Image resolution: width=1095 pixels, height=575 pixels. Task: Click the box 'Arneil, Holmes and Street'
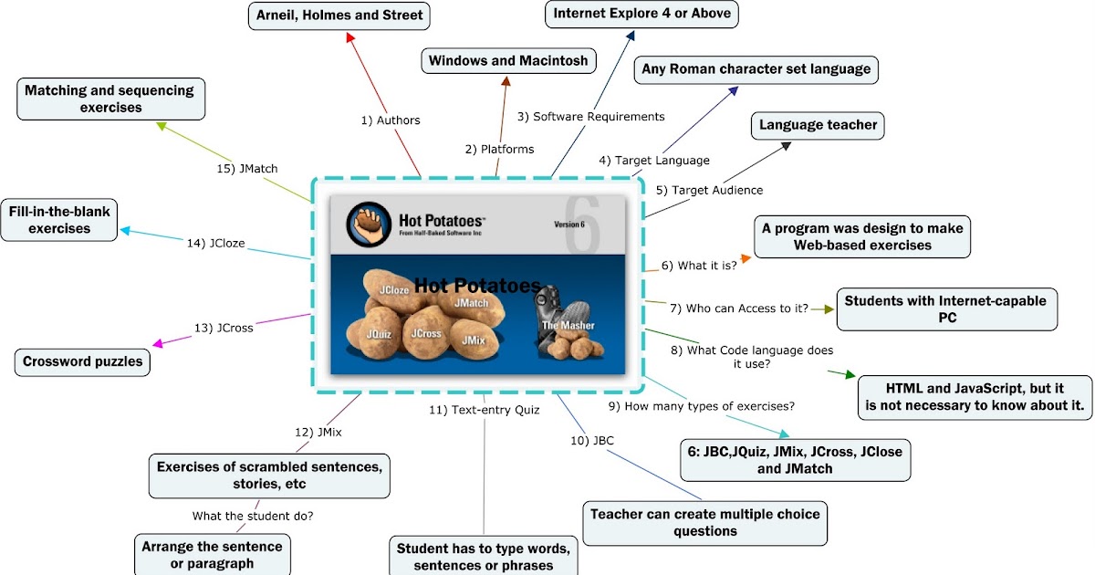click(x=339, y=16)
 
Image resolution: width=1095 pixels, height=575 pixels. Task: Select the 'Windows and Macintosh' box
click(x=509, y=61)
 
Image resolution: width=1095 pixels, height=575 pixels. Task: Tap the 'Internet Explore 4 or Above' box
click(x=642, y=14)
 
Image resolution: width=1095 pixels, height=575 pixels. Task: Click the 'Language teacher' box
click(x=818, y=125)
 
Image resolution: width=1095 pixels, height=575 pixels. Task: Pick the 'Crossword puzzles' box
click(x=83, y=361)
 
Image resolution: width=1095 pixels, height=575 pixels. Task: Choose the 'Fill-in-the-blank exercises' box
click(x=59, y=220)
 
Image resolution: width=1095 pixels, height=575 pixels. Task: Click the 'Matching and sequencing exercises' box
click(x=109, y=99)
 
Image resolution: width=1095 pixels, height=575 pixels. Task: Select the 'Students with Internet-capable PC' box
click(x=946, y=308)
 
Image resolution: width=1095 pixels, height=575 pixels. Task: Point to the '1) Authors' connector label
click(x=390, y=120)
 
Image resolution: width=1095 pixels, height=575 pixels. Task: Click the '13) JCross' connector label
click(x=224, y=328)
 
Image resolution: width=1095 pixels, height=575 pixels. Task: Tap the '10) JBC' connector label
click(x=592, y=440)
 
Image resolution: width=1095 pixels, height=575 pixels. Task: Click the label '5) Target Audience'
click(x=709, y=190)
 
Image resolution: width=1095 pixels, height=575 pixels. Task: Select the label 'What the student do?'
click(x=253, y=516)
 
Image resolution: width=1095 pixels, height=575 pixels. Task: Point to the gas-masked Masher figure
click(x=558, y=315)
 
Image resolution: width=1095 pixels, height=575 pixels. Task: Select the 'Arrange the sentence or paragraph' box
click(x=212, y=555)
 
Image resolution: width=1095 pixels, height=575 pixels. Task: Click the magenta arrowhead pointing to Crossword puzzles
click(x=158, y=343)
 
